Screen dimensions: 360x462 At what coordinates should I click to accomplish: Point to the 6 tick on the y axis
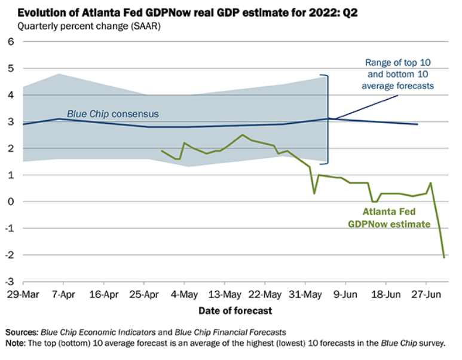[x=10, y=41]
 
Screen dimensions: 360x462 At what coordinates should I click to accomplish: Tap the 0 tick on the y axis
[x=10, y=202]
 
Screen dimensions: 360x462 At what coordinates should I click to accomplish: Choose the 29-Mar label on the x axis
[x=22, y=295]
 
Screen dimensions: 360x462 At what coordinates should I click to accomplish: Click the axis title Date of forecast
[x=235, y=310]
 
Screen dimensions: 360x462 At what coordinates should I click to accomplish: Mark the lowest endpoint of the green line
[x=444, y=258]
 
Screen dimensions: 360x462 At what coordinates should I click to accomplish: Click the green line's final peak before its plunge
[x=430, y=183]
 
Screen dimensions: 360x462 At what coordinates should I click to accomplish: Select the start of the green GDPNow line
[x=162, y=151]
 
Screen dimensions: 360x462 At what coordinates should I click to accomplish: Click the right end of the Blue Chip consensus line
[x=417, y=124]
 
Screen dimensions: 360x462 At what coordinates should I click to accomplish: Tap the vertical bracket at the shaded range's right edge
[x=328, y=119]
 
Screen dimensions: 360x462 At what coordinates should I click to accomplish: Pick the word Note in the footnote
[x=16, y=343]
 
